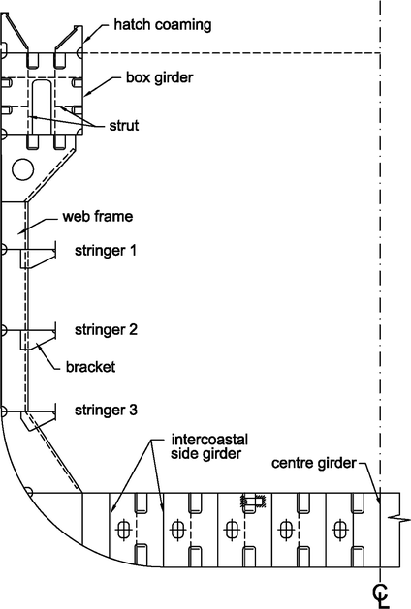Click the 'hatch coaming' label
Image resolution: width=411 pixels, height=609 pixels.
coord(162,24)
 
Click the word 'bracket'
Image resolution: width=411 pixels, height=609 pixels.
coord(93,367)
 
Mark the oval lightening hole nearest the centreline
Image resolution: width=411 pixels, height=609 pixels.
coord(339,530)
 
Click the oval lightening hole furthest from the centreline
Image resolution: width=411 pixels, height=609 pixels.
coord(123,530)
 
